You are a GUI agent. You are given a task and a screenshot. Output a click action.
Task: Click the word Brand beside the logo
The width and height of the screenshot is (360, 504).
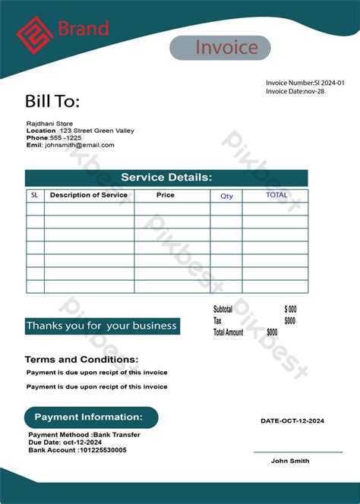84,30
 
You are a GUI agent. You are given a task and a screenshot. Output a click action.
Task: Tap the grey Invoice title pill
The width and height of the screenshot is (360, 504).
219,48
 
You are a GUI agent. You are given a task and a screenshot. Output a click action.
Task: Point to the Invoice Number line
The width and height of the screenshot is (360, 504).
305,82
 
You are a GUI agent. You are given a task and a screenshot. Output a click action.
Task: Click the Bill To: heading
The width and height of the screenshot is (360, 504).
52,102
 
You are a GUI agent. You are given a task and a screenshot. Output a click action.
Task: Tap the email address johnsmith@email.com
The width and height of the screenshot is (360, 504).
80,145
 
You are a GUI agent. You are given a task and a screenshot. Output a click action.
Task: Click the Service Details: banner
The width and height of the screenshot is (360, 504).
166,178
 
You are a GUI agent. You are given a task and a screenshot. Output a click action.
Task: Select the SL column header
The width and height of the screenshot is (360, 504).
34,195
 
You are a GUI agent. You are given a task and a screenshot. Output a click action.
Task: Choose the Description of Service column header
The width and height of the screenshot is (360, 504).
89,195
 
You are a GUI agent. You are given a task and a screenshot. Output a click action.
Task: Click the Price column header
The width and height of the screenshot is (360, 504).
166,195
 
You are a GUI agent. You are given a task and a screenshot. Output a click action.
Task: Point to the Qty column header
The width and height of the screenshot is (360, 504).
227,196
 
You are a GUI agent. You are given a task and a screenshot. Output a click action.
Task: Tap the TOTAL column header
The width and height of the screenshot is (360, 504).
276,195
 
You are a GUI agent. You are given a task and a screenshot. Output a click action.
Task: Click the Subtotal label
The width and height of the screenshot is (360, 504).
223,310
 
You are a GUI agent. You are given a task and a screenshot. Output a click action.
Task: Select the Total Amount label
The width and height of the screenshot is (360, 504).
228,332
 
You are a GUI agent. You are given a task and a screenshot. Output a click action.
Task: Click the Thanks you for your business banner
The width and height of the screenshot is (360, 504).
102,326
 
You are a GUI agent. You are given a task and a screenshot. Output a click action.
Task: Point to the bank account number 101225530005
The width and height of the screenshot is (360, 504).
103,450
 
